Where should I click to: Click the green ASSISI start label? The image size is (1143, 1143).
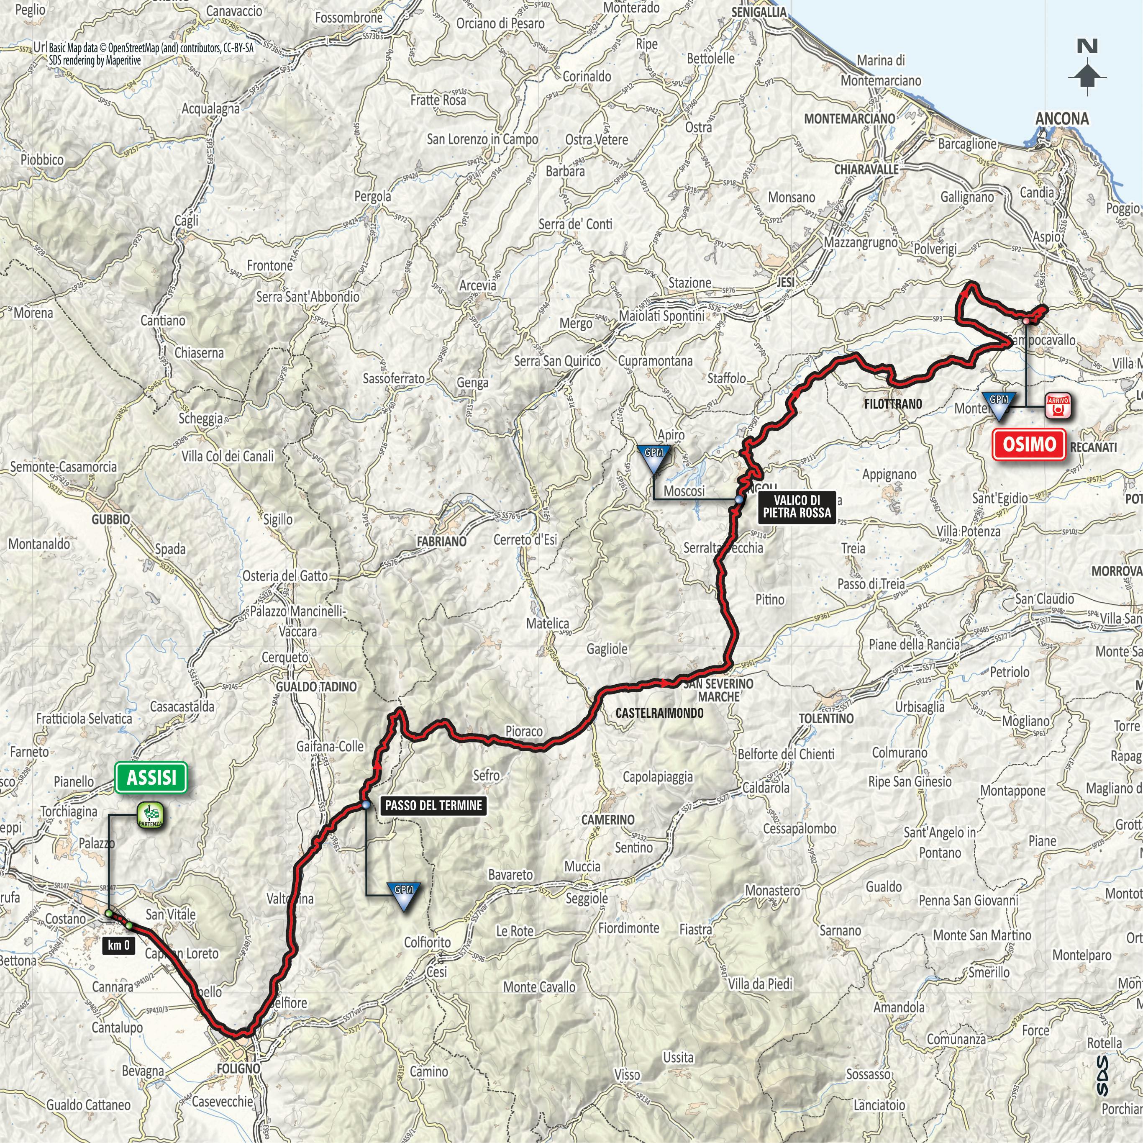[x=151, y=777]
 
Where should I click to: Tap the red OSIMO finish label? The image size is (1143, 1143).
[x=1029, y=444]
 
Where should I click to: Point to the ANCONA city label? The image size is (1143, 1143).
[x=1062, y=119]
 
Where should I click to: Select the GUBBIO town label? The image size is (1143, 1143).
[x=110, y=519]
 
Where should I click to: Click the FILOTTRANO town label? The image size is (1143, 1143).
[x=893, y=404]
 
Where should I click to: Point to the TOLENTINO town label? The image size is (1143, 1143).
[x=826, y=719]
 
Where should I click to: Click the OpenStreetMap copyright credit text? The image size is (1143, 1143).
[x=151, y=49]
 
